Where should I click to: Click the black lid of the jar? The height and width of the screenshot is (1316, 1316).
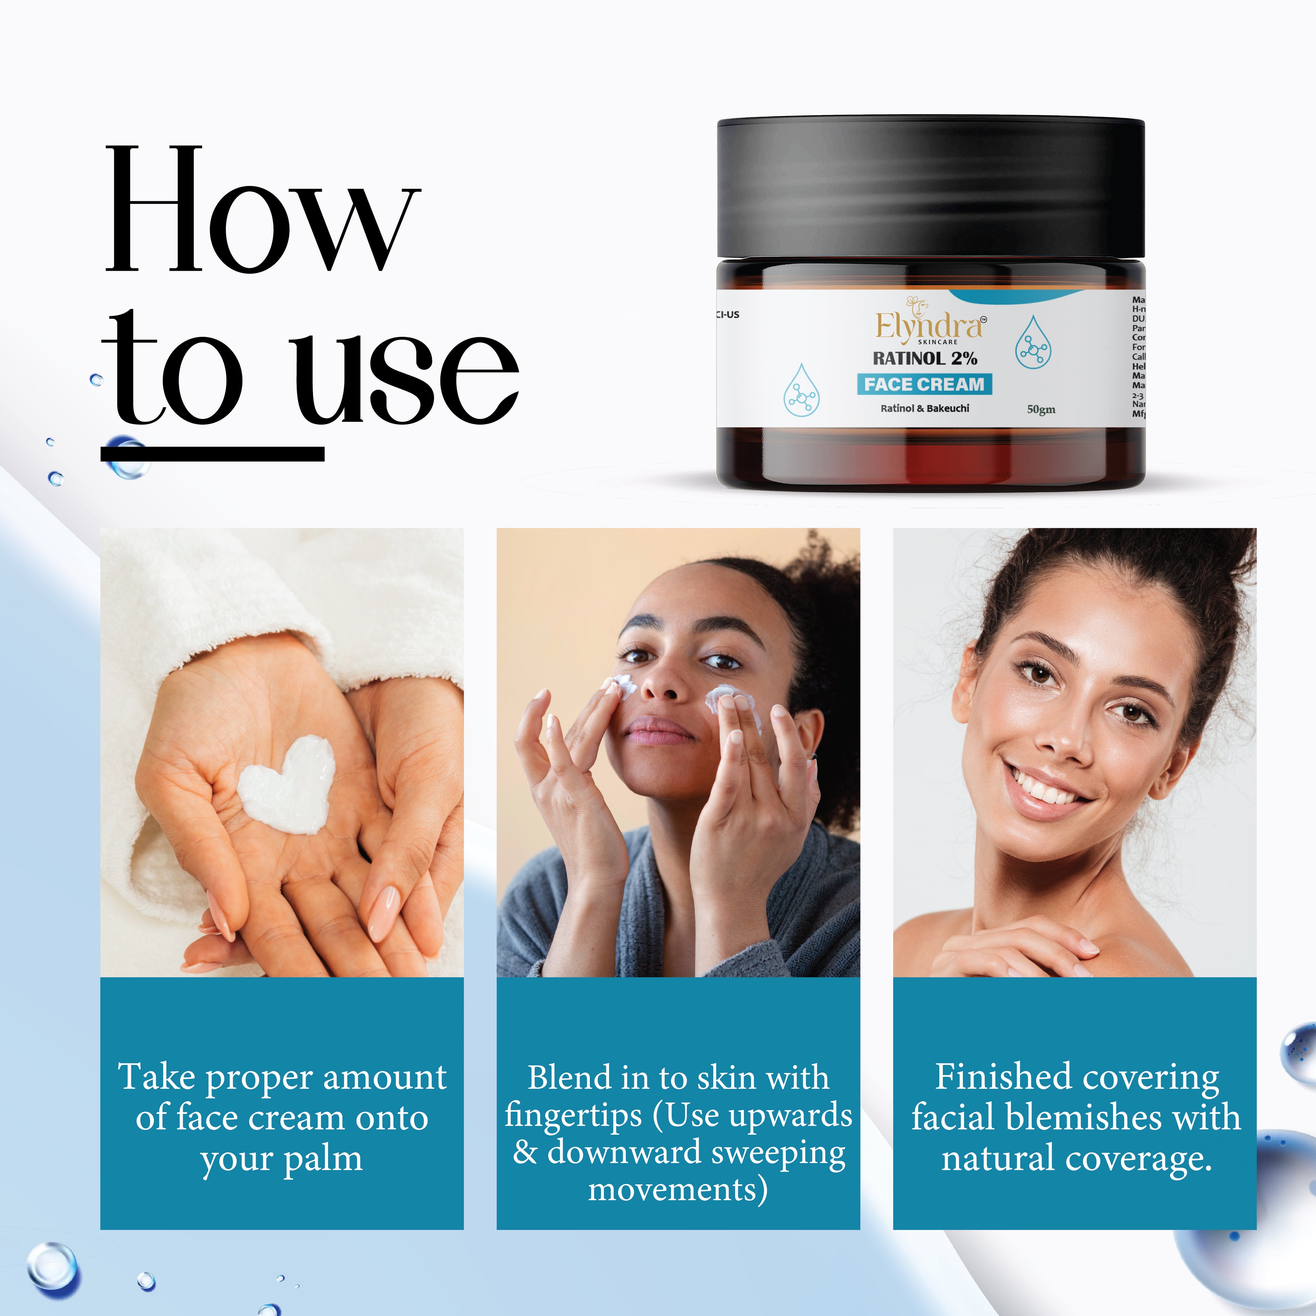pyautogui.click(x=930, y=187)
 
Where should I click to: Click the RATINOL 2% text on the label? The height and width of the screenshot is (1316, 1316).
pyautogui.click(x=925, y=358)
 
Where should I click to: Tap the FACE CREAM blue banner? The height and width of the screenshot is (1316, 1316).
pyautogui.click(x=924, y=384)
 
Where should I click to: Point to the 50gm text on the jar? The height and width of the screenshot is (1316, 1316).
pyautogui.click(x=1041, y=410)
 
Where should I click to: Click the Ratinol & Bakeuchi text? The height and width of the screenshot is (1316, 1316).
pyautogui.click(x=924, y=408)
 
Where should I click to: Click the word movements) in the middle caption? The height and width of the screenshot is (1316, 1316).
pyautogui.click(x=678, y=1190)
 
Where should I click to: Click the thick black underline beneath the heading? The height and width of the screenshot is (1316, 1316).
pyautogui.click(x=212, y=454)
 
